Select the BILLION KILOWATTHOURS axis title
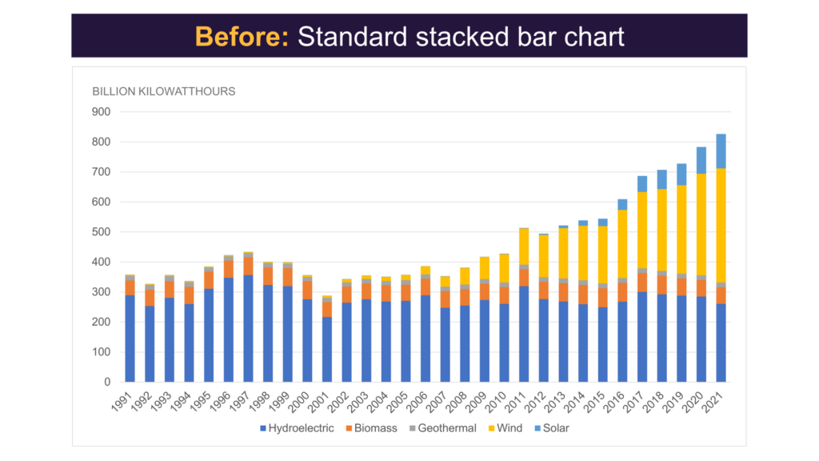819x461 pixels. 164,91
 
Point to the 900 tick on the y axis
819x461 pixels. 102,112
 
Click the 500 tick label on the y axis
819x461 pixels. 102,232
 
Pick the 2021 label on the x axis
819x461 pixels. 717,399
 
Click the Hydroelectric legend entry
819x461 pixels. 297,428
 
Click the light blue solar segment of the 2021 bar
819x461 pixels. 721,151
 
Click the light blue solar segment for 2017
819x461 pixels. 642,184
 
